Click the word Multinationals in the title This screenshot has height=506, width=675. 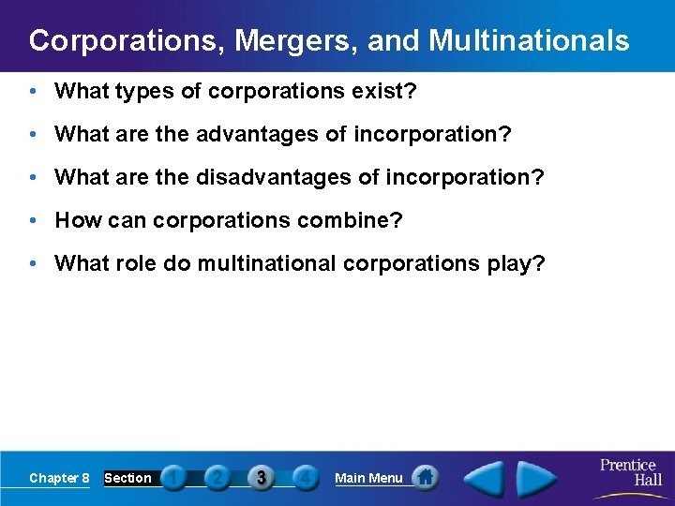tap(529, 41)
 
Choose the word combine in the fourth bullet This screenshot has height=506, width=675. tap(355, 220)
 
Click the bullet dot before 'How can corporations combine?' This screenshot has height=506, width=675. tap(33, 220)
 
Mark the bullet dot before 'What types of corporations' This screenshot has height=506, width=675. tap(33, 91)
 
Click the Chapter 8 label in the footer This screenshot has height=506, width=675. tap(59, 478)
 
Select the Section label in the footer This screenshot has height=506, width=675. tap(127, 478)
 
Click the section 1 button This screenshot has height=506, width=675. tap(172, 478)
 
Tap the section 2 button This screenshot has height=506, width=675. tap(217, 478)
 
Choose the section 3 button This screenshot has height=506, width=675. tap(262, 478)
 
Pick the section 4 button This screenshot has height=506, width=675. tap(305, 478)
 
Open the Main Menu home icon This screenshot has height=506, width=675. tap(426, 478)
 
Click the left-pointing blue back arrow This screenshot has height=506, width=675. tap(485, 478)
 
